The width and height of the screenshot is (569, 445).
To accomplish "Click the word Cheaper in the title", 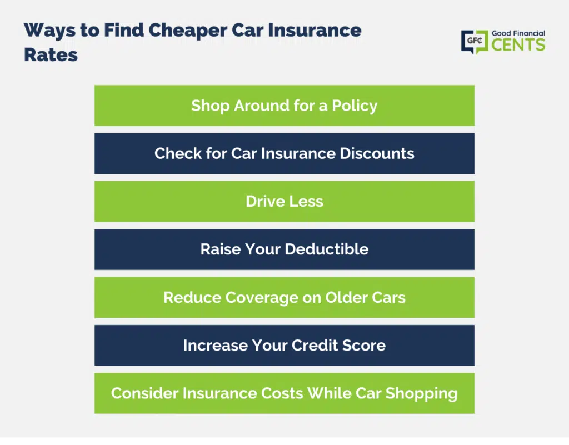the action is tap(188, 31).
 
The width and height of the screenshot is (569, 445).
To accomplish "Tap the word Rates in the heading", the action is tap(51, 55).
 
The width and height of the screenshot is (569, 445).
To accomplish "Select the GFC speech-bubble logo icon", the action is tap(475, 42).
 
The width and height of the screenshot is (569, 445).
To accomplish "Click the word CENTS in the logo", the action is tap(518, 45).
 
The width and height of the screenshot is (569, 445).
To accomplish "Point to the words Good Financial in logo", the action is tap(518, 33).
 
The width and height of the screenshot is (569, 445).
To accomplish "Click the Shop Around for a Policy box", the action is tap(284, 106).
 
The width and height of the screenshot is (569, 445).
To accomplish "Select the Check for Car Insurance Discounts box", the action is tap(284, 153).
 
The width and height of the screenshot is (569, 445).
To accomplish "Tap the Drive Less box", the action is tap(284, 201).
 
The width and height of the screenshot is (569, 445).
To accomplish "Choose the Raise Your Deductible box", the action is tap(284, 249).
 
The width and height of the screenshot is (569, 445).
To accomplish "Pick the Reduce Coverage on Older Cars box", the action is tap(284, 297).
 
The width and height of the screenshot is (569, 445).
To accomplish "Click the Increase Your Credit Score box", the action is tap(284, 345).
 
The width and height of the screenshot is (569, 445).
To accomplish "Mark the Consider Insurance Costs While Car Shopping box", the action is tap(284, 393).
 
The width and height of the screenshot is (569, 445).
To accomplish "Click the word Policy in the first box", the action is tap(355, 106).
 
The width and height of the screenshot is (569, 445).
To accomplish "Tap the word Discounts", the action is tap(377, 153).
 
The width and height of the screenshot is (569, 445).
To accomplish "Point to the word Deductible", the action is tap(327, 249).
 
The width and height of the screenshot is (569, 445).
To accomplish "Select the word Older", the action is tap(345, 297).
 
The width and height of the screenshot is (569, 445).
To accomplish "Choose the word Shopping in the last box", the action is tap(421, 394).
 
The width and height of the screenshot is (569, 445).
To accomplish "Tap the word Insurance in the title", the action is tap(315, 31).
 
